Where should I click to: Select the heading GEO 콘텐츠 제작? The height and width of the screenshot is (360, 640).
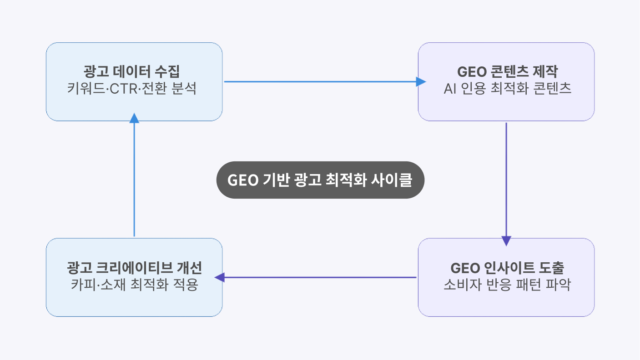[507, 72]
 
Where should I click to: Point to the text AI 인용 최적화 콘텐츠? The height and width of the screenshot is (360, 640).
[507, 88]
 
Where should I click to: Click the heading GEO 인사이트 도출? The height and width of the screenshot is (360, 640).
[507, 268]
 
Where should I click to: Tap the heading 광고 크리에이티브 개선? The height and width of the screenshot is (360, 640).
[134, 268]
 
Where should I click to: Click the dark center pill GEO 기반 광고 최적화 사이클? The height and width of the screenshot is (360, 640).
[320, 180]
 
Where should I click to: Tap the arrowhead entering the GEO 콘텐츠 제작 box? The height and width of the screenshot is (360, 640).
[421, 82]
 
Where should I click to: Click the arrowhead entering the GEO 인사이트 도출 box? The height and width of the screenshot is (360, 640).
[506, 241]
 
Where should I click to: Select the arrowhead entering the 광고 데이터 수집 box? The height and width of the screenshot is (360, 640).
[134, 118]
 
